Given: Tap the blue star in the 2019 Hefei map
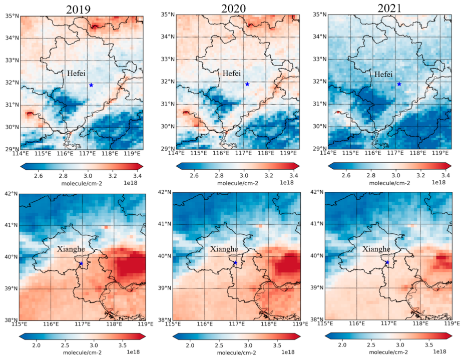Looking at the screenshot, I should click(x=91, y=85).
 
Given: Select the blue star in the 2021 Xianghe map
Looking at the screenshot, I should click(x=387, y=262).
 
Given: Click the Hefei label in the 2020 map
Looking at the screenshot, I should click(x=231, y=73).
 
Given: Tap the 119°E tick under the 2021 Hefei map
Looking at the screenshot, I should click(x=440, y=152).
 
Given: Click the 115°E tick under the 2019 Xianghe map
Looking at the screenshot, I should click(x=20, y=324).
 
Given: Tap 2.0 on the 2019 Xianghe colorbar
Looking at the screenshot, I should click(x=37, y=346).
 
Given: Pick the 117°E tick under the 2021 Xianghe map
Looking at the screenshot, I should click(x=388, y=324).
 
